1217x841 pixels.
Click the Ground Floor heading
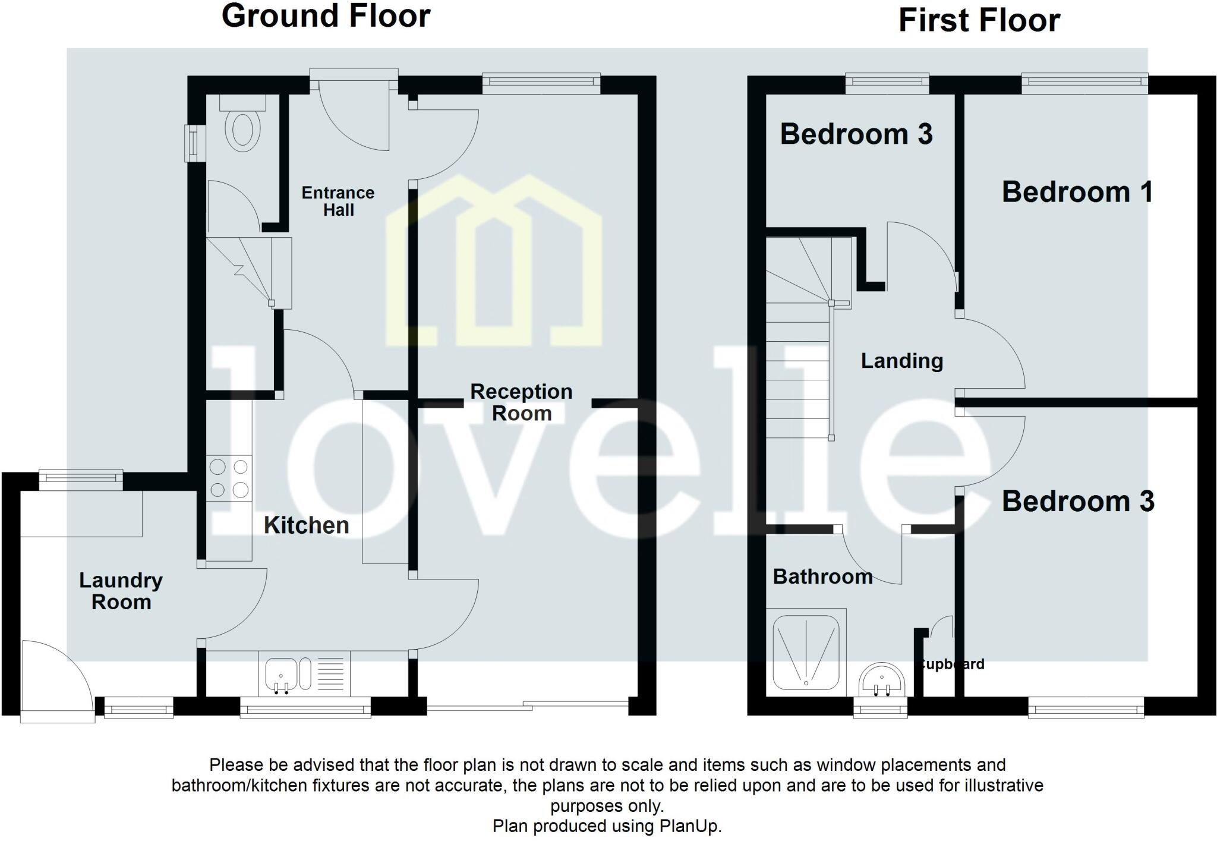326,16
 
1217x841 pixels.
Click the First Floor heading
979,20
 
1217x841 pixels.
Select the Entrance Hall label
338,201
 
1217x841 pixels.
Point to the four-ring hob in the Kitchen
229,478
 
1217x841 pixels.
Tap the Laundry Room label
121,591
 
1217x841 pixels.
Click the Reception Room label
521,402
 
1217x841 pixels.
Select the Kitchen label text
306,525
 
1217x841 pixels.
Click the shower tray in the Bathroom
806,651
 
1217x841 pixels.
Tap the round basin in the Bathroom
882,680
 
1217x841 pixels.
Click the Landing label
901,361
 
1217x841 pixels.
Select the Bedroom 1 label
1077,192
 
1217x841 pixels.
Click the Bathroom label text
822,576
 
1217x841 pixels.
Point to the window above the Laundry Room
81,480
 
